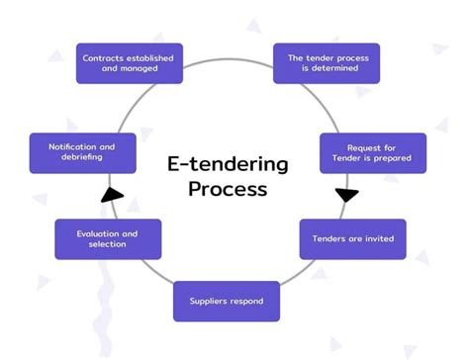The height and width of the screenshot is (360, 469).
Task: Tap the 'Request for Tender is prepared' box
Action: [x=372, y=152]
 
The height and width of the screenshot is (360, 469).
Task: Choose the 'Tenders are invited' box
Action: [x=352, y=239]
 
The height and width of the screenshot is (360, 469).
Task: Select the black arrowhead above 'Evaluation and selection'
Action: [x=113, y=193]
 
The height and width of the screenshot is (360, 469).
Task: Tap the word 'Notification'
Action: [x=72, y=146]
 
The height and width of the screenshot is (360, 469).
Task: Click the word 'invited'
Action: [x=376, y=239]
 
